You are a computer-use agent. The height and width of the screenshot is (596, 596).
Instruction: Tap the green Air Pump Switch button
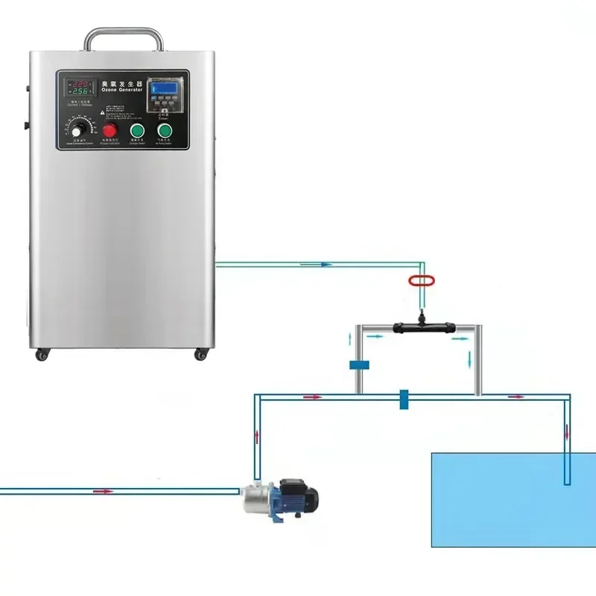[164, 131]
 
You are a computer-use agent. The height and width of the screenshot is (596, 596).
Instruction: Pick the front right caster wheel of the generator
[200, 355]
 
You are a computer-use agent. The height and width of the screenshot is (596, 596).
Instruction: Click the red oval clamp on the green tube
[421, 281]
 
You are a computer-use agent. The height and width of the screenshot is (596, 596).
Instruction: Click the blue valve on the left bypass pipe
[359, 365]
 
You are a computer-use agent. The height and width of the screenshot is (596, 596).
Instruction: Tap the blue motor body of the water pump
[297, 496]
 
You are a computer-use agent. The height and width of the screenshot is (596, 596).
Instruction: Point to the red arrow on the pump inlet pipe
[104, 491]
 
